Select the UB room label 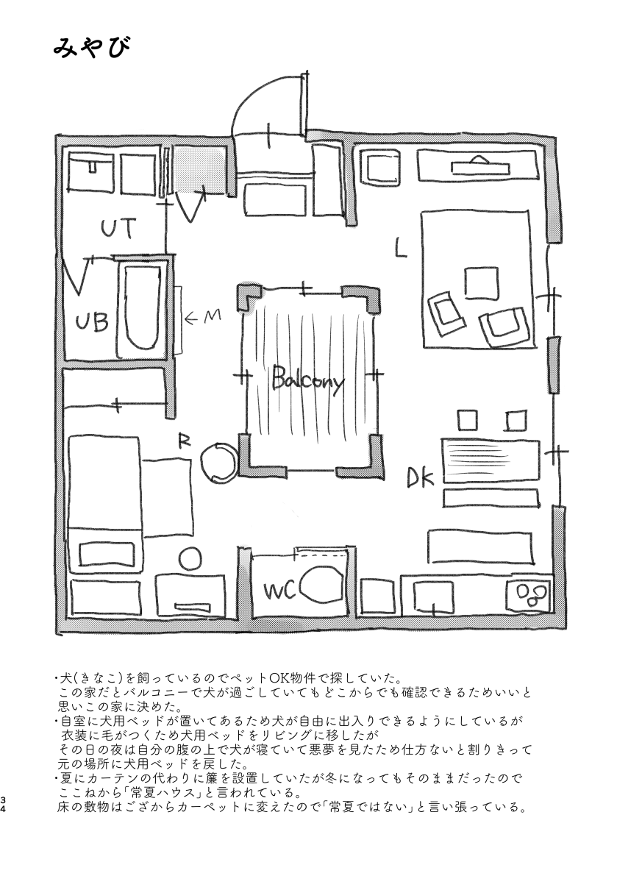click(93, 321)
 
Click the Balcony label click(307, 382)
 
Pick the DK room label click(421, 479)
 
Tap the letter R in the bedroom click(185, 441)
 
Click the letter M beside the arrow click(212, 316)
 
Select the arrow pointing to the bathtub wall click(193, 318)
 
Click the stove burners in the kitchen click(531, 593)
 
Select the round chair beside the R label click(218, 461)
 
